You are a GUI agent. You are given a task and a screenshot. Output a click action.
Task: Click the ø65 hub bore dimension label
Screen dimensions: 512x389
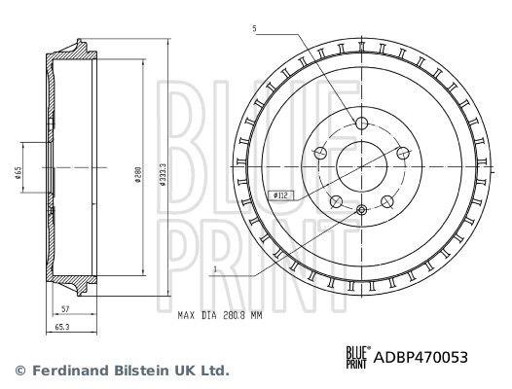pos(18,172)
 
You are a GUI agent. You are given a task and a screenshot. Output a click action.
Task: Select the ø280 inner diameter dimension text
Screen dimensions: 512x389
pos(138,175)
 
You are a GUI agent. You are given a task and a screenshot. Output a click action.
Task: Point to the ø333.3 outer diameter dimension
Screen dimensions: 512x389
pos(164,174)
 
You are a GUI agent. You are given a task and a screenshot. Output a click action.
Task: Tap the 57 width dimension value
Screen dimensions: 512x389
pos(65,308)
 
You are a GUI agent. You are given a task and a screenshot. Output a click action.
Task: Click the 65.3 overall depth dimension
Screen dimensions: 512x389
pos(62,327)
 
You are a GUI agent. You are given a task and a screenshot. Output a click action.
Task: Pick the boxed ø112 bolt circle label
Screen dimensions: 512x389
pos(280,195)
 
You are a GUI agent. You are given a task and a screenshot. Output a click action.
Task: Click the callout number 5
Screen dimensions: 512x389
pos(254,29)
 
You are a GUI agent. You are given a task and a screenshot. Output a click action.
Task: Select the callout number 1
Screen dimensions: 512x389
pos(215,269)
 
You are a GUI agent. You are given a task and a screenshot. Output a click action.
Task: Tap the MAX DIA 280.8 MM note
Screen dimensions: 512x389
pos(220,315)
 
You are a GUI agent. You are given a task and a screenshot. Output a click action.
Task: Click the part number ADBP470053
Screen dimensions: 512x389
pos(421,357)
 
